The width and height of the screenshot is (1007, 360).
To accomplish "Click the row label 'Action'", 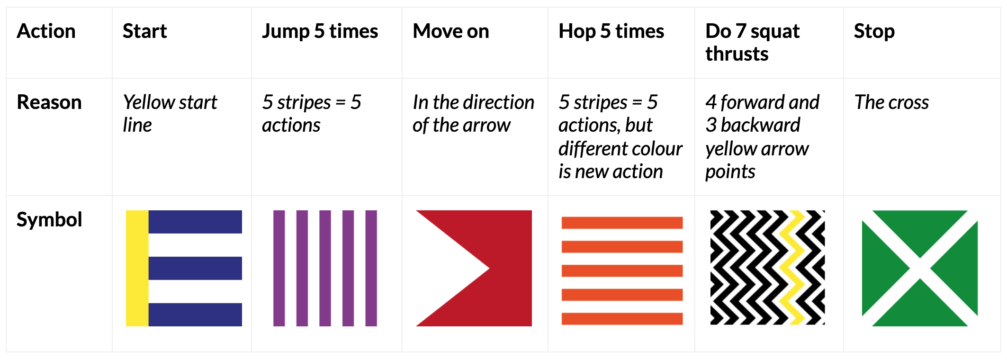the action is click(x=46, y=31).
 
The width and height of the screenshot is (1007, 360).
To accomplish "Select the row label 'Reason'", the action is click(x=49, y=102).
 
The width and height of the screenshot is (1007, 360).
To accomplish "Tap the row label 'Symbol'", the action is click(x=49, y=220).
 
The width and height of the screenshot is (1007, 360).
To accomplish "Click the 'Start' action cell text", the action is click(x=144, y=31).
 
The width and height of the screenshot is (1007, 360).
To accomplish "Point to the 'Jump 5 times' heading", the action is click(x=320, y=31).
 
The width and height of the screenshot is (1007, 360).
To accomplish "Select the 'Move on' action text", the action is click(x=451, y=31).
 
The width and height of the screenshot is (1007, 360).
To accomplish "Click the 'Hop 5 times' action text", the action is click(x=611, y=31).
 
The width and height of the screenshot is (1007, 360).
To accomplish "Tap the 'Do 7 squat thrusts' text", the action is click(x=753, y=43).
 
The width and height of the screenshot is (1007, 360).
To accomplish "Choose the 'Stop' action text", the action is click(x=874, y=32).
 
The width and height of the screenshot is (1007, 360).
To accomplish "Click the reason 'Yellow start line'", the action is click(x=170, y=114).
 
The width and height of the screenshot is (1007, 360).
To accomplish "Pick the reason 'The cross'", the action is click(x=891, y=102).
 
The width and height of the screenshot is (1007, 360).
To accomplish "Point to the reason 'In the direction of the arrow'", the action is click(x=474, y=114).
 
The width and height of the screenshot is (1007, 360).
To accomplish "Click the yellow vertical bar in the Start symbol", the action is click(x=137, y=268).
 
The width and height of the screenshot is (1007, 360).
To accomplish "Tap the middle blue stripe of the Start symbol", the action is click(x=195, y=268).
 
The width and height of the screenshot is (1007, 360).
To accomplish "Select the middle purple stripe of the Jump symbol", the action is click(x=325, y=268).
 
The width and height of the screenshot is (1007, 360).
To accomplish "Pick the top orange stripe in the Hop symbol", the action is click(x=622, y=223).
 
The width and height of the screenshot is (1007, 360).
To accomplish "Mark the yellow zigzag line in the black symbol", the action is click(x=792, y=268).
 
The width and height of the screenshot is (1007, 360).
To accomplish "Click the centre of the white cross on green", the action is click(x=920, y=269).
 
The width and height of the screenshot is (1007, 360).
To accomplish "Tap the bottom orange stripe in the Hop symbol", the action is click(x=622, y=319).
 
